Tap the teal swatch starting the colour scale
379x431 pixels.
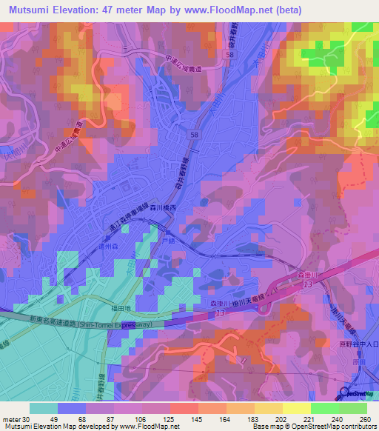[44, 408]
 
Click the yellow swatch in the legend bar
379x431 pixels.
[297, 408]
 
